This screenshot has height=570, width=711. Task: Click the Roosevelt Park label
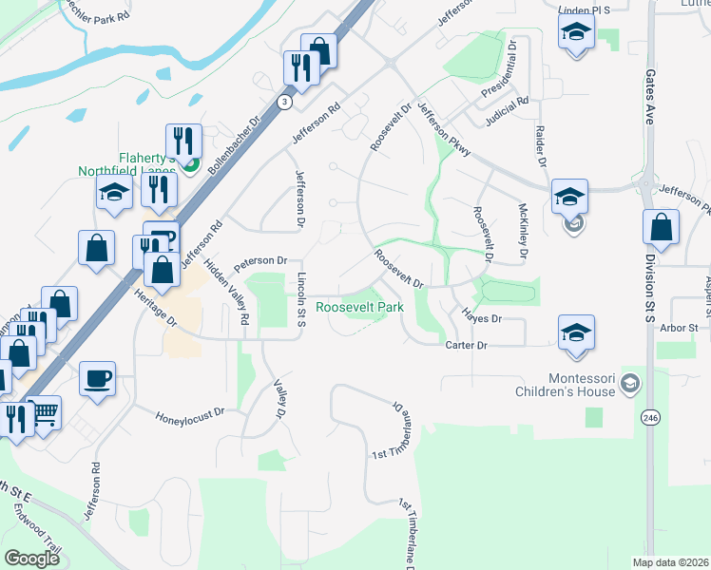point(359,308)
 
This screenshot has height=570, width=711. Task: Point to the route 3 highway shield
point(283,101)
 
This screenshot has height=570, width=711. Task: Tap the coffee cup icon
point(98,379)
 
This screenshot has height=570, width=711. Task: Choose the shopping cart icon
point(44,413)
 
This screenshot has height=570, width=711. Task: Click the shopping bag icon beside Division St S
point(661,228)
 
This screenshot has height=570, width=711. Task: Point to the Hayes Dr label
point(481,318)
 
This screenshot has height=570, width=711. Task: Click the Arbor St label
point(680,328)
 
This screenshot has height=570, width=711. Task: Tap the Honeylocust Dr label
point(190,412)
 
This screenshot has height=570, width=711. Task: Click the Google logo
point(31,558)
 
